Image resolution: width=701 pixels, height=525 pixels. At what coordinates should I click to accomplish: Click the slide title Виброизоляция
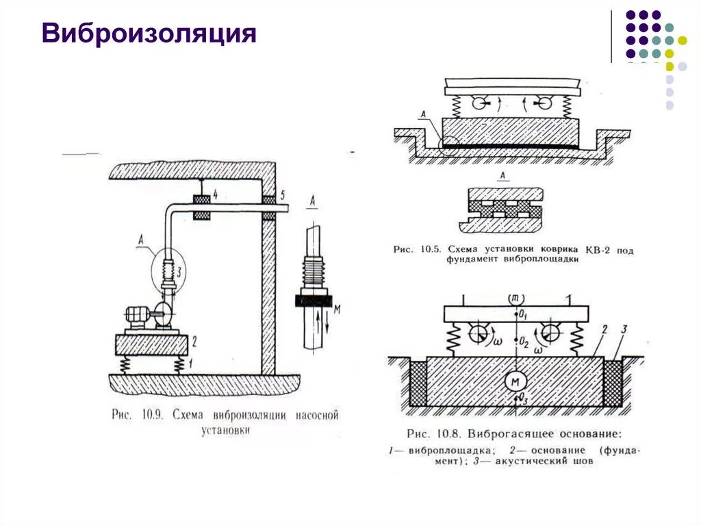coord(149,34)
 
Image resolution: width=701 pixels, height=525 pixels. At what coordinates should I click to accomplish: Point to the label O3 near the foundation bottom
coord(523,398)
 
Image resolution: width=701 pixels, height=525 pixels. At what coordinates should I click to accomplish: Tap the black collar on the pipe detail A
coord(312,300)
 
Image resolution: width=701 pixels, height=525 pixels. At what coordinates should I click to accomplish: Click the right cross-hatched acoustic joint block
coord(613,383)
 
